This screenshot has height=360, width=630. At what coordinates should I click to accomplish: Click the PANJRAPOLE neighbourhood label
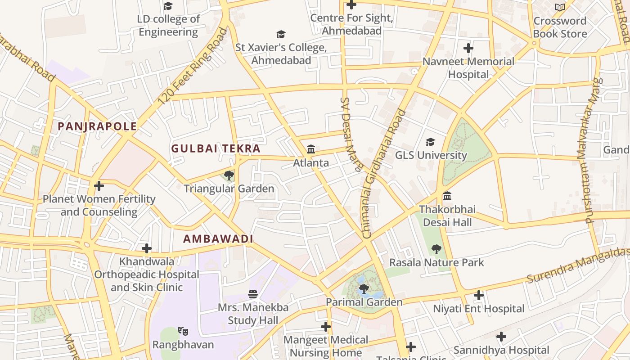[97, 126]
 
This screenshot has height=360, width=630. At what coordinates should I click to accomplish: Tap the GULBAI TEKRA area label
[216, 148]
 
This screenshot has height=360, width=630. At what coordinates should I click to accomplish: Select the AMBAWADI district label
[218, 239]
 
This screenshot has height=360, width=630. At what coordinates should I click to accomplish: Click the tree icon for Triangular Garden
[229, 175]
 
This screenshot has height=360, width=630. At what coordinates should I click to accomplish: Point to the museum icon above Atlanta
[311, 149]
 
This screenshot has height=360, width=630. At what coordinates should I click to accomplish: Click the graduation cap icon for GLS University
[431, 142]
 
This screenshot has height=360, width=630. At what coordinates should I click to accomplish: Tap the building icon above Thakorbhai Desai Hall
[447, 196]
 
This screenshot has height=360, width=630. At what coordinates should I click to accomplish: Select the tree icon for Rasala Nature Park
[436, 249]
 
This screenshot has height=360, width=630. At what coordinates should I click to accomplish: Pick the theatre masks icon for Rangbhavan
[183, 332]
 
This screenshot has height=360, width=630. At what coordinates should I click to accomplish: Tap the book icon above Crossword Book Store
[560, 8]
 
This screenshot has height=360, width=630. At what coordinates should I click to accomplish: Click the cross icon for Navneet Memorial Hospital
[468, 48]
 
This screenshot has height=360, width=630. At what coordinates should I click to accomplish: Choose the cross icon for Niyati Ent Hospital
[479, 296]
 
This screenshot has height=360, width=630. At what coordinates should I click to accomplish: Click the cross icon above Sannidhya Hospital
[501, 337]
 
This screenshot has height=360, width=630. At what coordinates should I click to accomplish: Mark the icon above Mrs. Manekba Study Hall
[253, 294]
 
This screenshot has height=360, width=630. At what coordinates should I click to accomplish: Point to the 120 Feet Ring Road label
[193, 67]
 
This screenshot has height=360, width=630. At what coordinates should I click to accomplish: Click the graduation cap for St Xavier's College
[281, 34]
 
